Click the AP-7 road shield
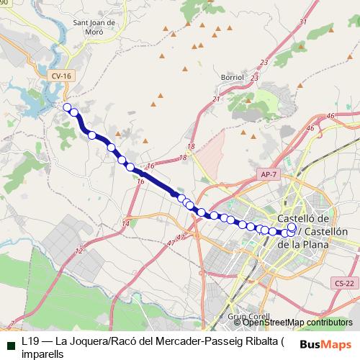tap(266, 174)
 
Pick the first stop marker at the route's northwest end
tap(67, 108)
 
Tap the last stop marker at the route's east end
tap(292, 228)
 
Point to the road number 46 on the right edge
tap(330, 116)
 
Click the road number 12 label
tap(78, 251)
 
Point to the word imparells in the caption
tap(42, 354)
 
